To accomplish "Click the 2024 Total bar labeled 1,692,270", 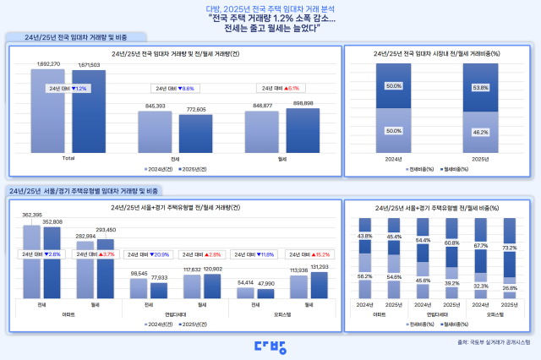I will click(48, 110).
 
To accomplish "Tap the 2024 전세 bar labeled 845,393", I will click(155, 131).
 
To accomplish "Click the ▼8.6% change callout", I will click(173, 88).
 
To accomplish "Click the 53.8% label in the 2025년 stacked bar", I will click(479, 86).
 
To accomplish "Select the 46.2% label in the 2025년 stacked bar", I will click(479, 132).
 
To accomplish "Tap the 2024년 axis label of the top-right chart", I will click(394, 158).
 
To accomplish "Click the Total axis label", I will click(68, 158).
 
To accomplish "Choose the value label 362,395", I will click(32, 215).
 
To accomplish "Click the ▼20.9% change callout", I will click(147, 254).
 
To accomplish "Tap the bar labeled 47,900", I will click(265, 294).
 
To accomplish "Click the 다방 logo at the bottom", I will click(270, 345).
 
